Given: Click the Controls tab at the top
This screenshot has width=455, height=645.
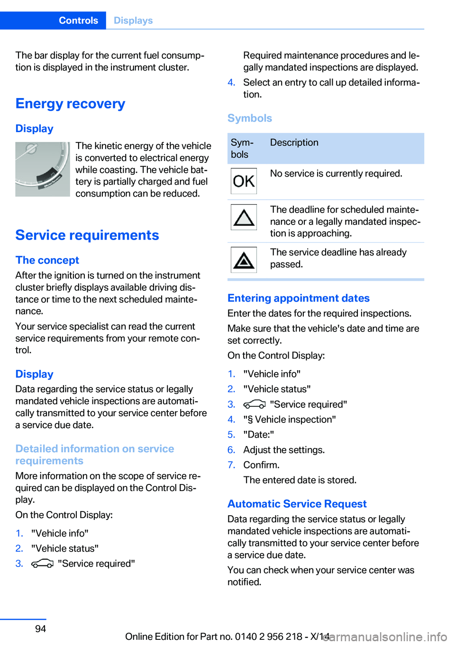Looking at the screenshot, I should click(78, 20).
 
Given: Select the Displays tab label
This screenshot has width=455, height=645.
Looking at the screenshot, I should click(133, 20).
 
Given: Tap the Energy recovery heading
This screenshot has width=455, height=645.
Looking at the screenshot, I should click(70, 104).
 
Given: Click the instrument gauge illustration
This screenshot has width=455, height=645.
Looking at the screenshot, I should click(43, 169).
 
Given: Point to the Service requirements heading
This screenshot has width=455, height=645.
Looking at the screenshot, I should click(87, 235).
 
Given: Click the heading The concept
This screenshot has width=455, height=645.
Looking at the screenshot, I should click(47, 260).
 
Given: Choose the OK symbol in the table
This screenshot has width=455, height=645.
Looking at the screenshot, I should click(244, 181).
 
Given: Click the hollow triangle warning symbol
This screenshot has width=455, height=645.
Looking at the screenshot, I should click(244, 217).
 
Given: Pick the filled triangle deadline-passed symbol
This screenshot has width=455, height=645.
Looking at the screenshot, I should click(244, 260).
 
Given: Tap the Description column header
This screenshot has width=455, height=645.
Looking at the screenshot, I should click(294, 143).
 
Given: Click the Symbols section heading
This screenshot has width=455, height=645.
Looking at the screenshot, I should click(250, 118).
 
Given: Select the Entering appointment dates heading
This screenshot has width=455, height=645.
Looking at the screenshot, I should click(299, 298).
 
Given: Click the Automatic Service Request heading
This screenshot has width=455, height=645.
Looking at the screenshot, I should click(297, 504).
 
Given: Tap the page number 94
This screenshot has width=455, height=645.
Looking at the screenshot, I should click(41, 628).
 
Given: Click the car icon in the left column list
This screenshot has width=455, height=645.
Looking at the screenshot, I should click(42, 564).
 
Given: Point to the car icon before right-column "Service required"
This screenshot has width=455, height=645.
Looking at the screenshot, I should click(254, 404).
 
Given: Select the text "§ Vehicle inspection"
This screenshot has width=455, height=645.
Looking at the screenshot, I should click(290, 420).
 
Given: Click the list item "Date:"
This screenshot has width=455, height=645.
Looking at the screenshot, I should click(258, 435).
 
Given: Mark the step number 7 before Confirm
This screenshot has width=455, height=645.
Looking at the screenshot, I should click(231, 465).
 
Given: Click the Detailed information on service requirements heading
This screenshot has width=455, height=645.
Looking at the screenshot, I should click(95, 455).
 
